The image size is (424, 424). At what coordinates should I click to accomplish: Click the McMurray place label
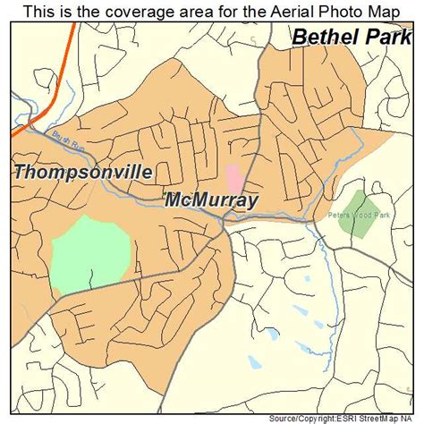point(212,201)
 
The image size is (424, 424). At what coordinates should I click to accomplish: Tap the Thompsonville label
point(83,172)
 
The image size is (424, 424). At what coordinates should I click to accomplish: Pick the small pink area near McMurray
point(233,176)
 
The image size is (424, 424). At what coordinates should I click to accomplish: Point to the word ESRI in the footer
point(347,418)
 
